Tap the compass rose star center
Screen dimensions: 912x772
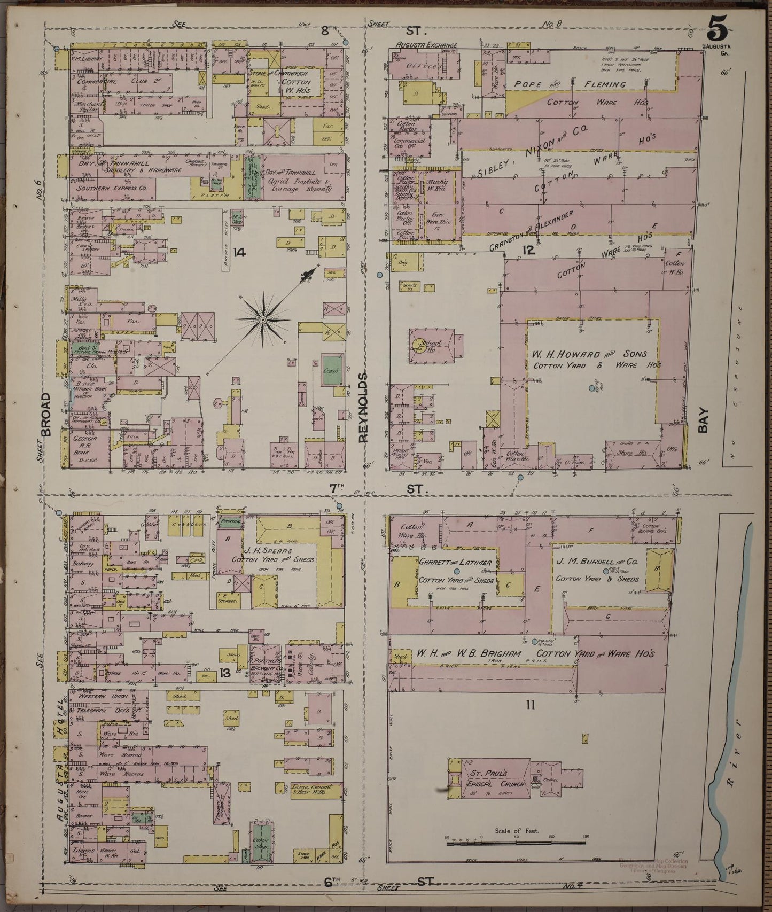[x=262, y=319]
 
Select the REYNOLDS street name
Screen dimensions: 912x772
[x=364, y=407]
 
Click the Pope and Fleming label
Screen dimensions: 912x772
[x=570, y=84]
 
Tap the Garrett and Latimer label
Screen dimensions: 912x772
[x=455, y=563]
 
